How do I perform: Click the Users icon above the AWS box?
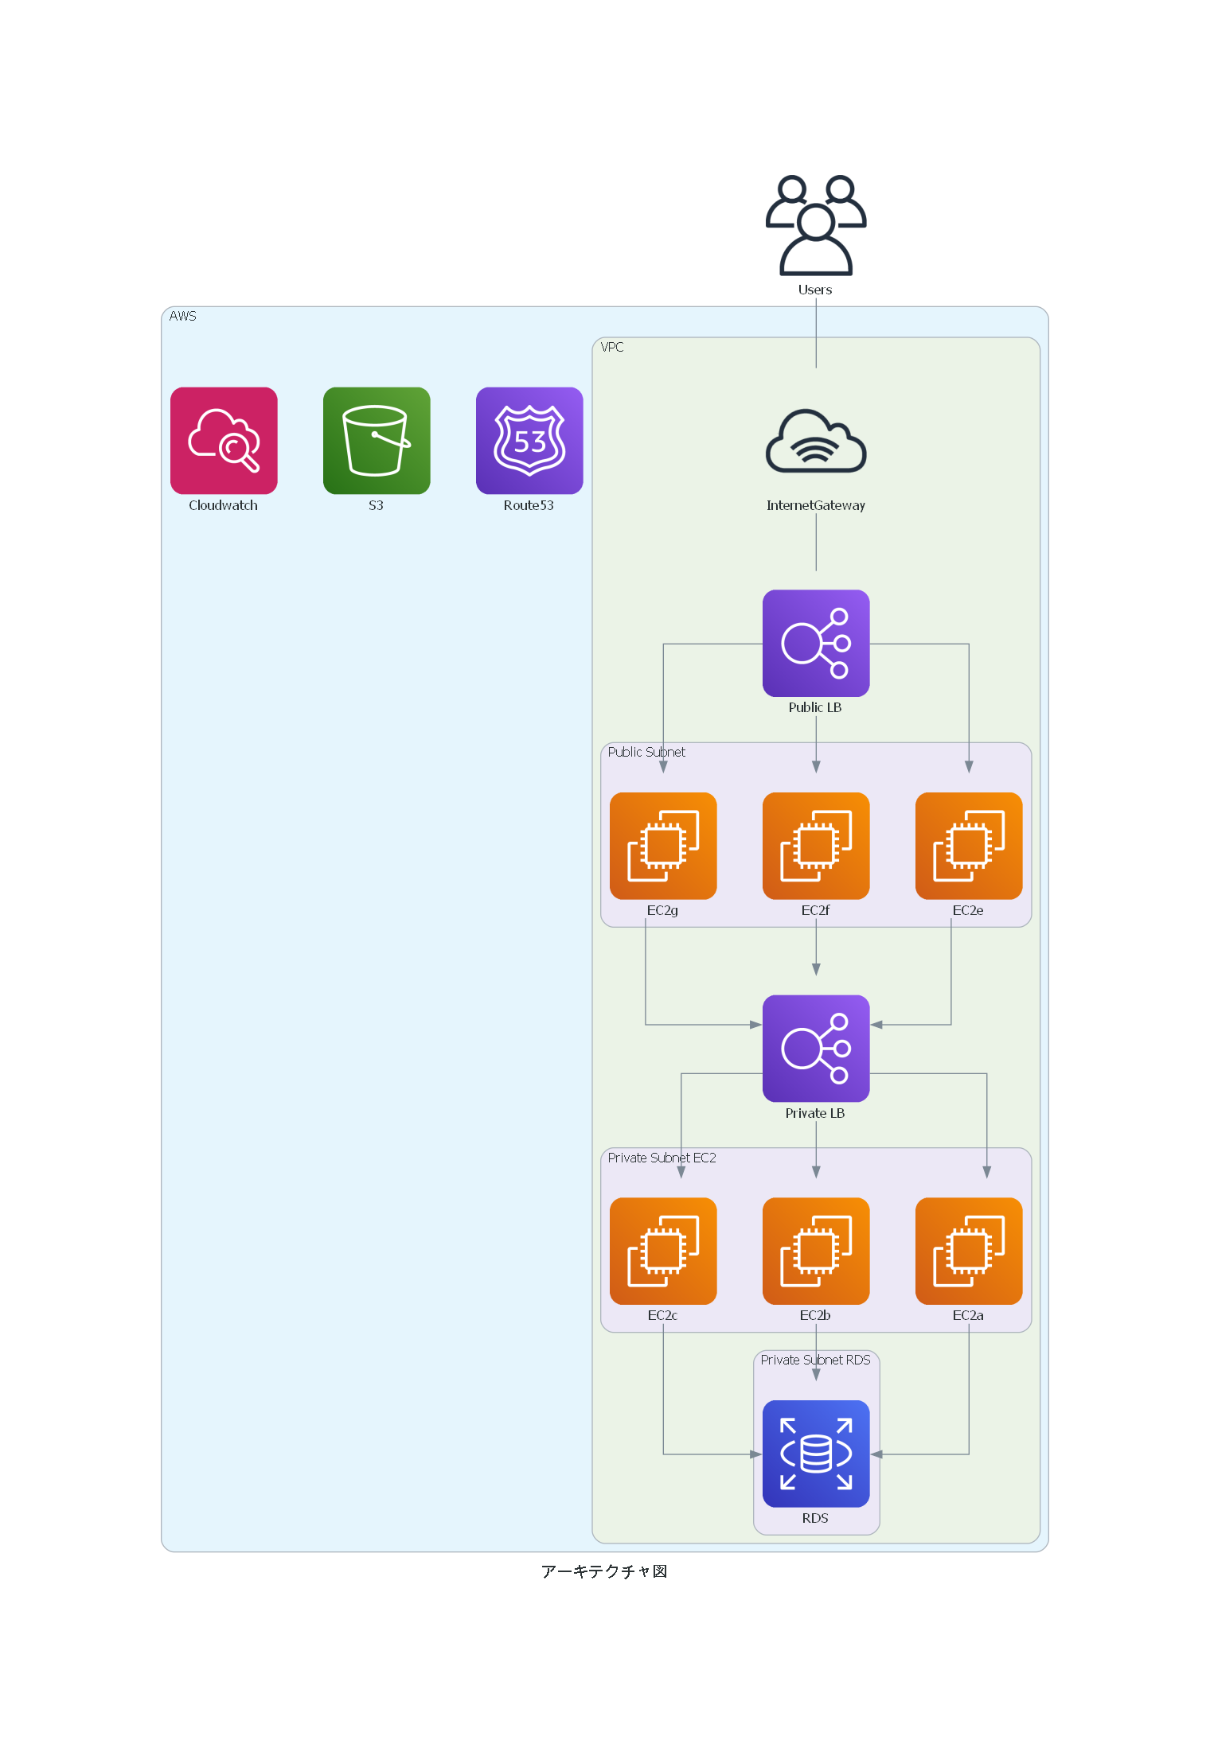pos(816,225)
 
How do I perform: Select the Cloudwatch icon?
pos(224,441)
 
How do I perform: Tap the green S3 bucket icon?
pos(377,441)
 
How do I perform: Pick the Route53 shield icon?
pos(529,441)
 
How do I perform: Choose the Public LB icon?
pos(816,643)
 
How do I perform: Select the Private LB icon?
pos(816,1048)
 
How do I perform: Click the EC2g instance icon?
pos(663,846)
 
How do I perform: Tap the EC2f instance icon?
pos(816,846)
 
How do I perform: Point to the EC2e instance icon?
pos(969,846)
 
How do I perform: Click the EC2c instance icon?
pos(663,1251)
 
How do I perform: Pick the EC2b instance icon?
pos(816,1251)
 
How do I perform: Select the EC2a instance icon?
pos(969,1251)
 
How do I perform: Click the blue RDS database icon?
pos(816,1454)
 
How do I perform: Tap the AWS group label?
pos(182,316)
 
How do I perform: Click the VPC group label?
pos(612,347)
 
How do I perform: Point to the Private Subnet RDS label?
pos(815,1360)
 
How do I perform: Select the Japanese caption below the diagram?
pos(604,1571)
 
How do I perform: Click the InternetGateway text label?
pos(815,505)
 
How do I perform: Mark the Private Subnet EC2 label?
pos(662,1158)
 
